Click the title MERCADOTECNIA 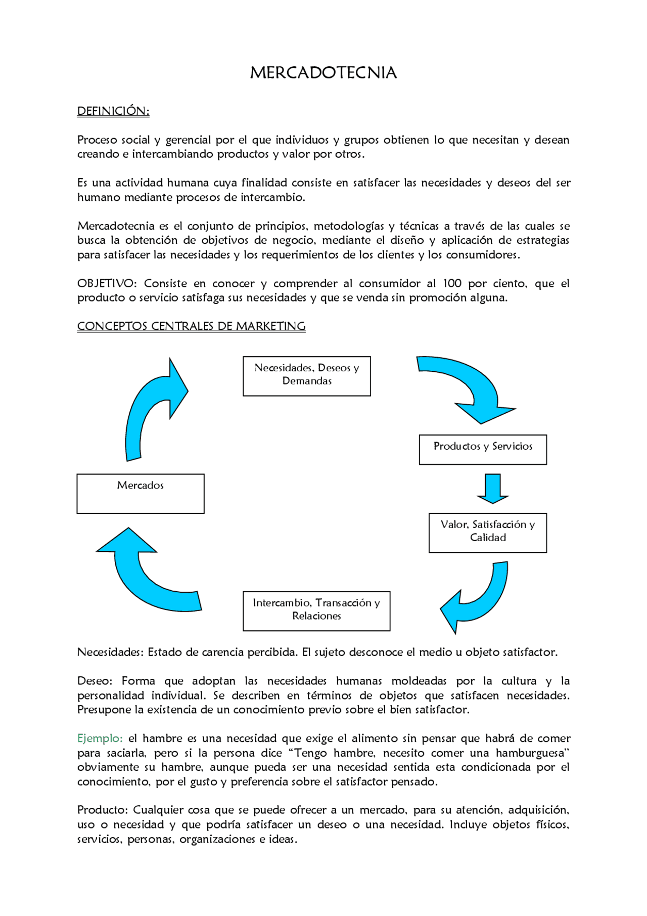click(323, 73)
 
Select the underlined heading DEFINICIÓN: click(113, 111)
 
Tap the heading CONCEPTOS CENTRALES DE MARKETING click(191, 326)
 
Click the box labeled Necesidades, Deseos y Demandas click(306, 376)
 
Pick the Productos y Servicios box click(482, 449)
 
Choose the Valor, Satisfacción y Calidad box click(487, 533)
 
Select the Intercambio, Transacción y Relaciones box click(316, 610)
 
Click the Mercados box click(141, 493)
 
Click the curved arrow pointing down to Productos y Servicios click(470, 384)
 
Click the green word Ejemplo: click(100, 738)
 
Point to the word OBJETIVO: click(107, 284)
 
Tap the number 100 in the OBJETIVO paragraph click(452, 284)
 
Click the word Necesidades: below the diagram click(110, 652)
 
